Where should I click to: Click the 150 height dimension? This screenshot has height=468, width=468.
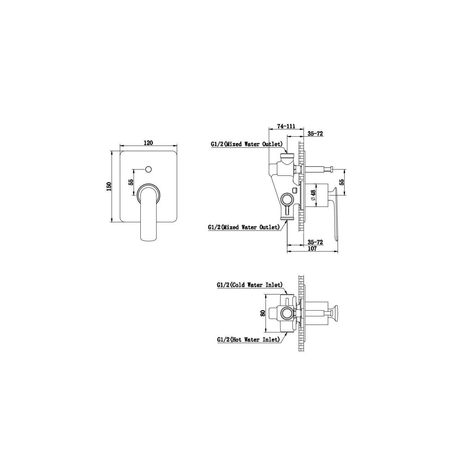[109, 186]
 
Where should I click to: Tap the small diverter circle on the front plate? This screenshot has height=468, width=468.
[148, 169]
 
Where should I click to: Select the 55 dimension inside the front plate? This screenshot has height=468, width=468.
[131, 182]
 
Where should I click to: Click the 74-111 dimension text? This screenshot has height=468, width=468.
[286, 126]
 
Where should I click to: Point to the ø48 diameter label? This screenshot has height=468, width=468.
[313, 195]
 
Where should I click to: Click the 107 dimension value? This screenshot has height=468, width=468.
[312, 248]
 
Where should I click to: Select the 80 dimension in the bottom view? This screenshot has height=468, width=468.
[262, 313]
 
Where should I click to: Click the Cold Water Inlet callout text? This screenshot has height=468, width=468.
[250, 284]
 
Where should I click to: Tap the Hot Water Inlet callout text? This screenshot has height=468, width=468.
[249, 340]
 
